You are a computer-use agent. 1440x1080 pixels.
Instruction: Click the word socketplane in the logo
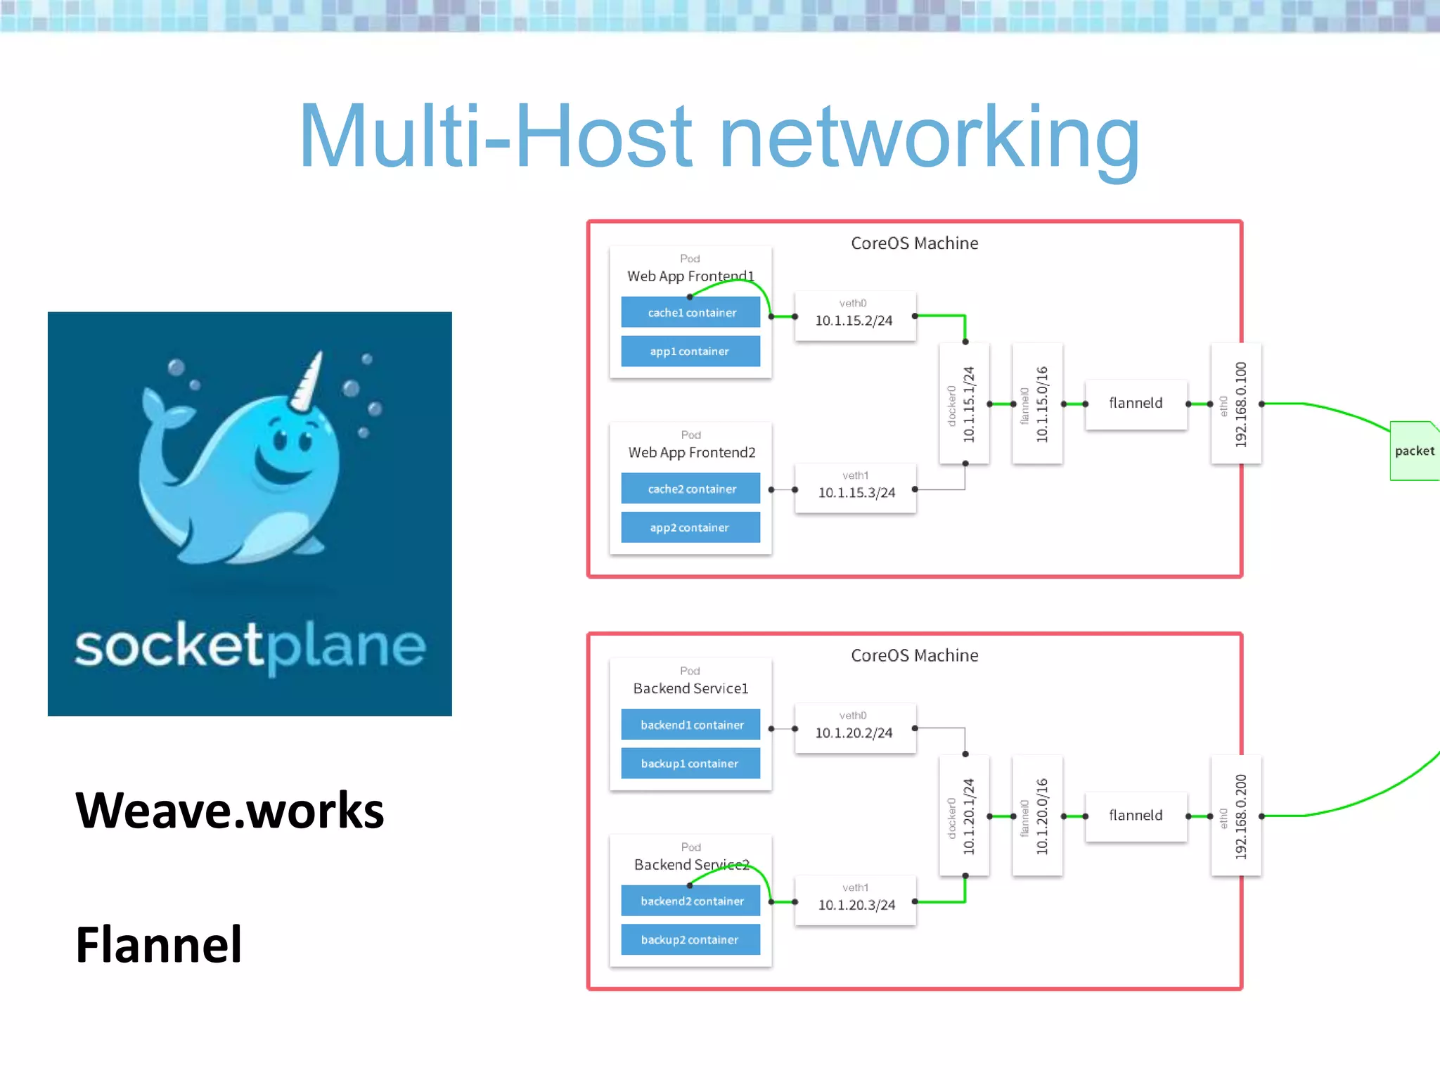pos(250,645)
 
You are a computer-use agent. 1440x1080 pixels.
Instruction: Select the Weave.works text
pos(229,811)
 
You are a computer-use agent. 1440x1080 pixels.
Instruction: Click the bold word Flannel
pos(159,944)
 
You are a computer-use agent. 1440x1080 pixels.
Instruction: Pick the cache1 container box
pos(690,312)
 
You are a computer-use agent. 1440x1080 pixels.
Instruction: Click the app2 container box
pos(690,527)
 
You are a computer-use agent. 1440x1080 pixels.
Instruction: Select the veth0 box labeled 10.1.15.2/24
pos(854,316)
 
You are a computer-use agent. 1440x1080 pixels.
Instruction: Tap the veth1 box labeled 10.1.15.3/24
pos(856,488)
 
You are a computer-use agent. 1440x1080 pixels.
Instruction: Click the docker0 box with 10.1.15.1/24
pos(964,404)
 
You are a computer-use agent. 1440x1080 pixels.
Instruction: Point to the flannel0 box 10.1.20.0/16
pos(1037,816)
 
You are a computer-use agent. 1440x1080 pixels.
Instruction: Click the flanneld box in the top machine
pos(1136,404)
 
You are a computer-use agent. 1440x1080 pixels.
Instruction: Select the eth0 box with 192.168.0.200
pos(1236,816)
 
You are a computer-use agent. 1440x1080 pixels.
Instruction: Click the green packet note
pos(1414,451)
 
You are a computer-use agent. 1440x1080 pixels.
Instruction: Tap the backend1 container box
pos(690,725)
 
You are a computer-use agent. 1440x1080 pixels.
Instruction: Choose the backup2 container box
pos(690,940)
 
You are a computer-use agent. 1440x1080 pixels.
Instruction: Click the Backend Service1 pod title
pos(690,688)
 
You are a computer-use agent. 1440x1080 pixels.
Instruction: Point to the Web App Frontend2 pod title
pos(692,453)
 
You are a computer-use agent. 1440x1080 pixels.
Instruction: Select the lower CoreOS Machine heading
pos(914,655)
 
